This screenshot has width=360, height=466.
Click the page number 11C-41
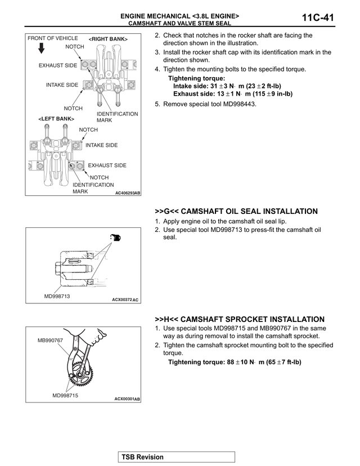[318, 17]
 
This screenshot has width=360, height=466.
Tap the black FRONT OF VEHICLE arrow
[42, 48]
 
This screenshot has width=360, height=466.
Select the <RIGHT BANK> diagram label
[108, 39]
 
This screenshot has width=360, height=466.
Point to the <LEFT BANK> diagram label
[56, 119]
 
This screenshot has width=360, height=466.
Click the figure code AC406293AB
[128, 193]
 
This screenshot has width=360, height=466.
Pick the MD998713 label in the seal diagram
[57, 296]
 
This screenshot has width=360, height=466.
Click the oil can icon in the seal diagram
[115, 238]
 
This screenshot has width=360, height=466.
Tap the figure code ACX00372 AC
[125, 299]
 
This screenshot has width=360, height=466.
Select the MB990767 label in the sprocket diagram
[50, 340]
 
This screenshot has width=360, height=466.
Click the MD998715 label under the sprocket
[65, 395]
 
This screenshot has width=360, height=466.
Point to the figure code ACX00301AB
[127, 399]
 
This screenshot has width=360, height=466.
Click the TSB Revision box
[177, 457]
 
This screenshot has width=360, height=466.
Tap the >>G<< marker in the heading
[166, 211]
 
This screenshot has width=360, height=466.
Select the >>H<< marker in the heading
[166, 319]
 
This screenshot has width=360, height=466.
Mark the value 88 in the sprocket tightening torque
[231, 362]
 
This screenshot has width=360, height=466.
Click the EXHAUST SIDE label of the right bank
[58, 65]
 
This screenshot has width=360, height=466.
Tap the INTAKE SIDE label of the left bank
[102, 145]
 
